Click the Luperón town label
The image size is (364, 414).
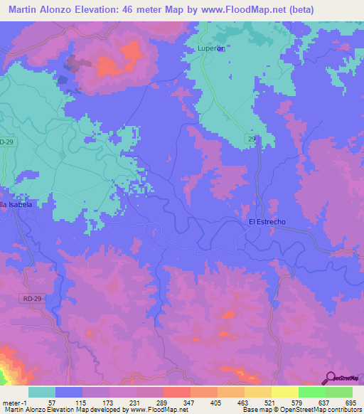210,48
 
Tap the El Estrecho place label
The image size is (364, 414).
267,222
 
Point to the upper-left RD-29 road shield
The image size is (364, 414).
6,142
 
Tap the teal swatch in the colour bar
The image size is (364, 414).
42,392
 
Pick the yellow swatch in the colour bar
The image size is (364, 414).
285,392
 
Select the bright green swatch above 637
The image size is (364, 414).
312,392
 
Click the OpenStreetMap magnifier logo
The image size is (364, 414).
331,378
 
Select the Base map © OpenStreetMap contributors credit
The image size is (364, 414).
301,410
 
